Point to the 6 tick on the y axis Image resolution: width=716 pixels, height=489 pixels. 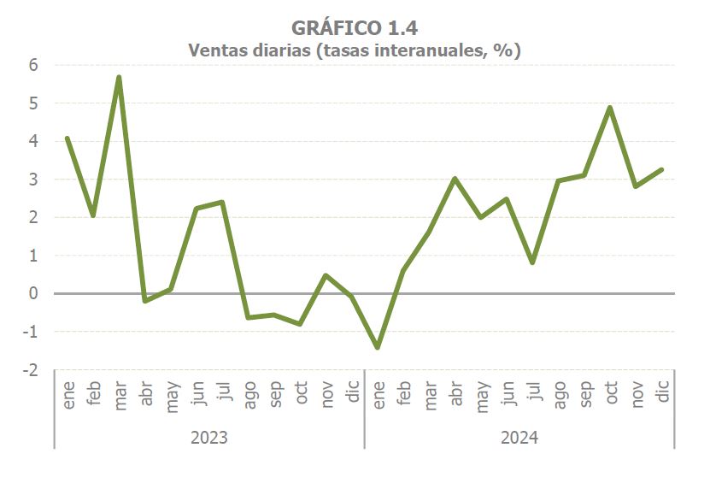pos(33,65)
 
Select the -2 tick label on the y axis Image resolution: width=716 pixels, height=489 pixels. pos(31,370)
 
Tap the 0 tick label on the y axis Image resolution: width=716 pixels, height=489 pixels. pos(33,293)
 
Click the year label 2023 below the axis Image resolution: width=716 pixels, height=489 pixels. pos(208,438)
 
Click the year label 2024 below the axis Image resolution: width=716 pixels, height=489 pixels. pos(519,438)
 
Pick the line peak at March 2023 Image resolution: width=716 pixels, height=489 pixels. pos(119,77)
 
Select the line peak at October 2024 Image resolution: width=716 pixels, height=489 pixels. pos(609,107)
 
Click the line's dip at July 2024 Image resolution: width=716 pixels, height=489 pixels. pos(532,262)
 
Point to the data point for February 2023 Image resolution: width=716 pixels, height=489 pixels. pos(93,215)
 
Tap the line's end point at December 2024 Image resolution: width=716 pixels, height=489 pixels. pos(662,169)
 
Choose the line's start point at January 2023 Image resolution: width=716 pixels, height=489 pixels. pos(67,138)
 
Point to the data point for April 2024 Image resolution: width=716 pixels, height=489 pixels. pos(455,179)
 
